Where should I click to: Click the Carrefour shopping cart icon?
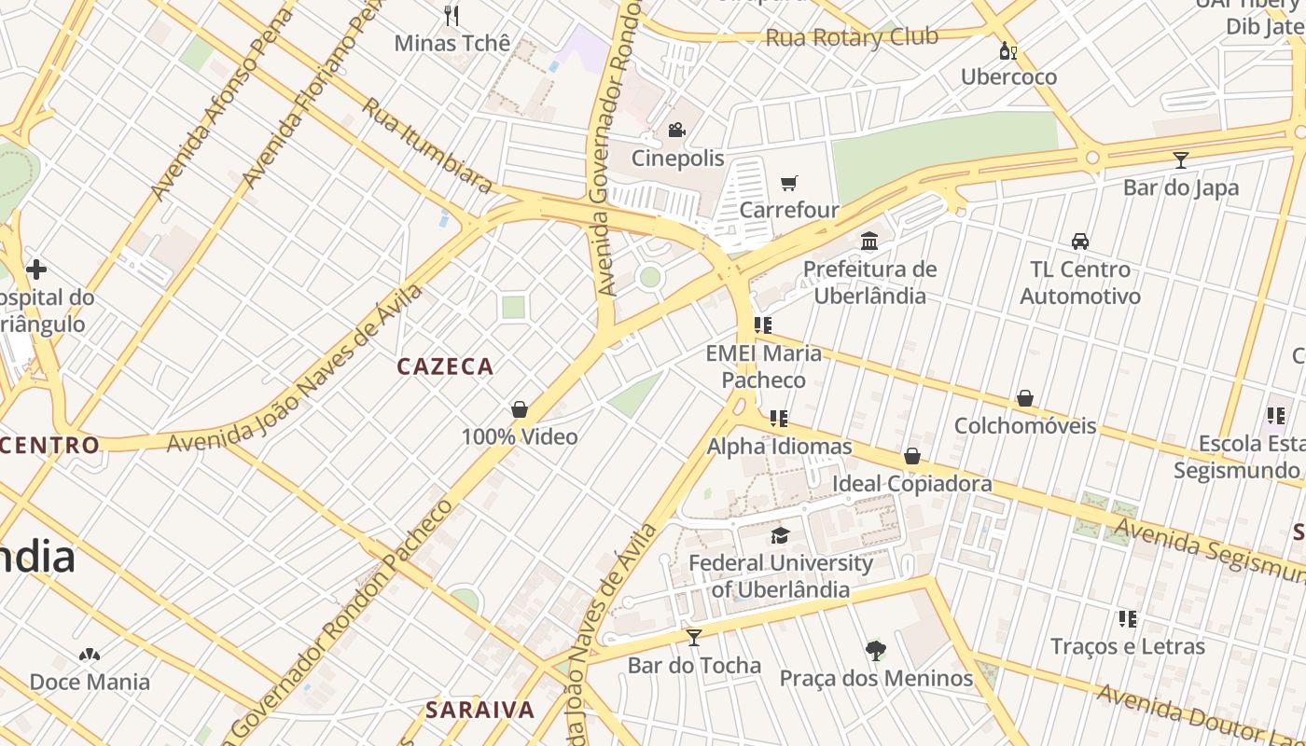(789, 183)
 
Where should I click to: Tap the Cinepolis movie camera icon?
(676, 131)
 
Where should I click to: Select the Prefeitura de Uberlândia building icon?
(869, 242)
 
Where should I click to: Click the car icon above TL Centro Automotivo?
(1080, 242)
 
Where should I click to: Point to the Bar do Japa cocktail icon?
(1180, 160)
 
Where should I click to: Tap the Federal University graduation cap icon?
(780, 535)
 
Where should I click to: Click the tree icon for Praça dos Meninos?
(875, 651)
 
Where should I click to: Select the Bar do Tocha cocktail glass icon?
(694, 638)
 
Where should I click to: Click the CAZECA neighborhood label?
(445, 366)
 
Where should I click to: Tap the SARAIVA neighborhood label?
(480, 710)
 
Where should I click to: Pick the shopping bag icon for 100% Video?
(520, 409)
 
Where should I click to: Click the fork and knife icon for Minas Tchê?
(452, 15)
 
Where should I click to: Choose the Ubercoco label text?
(1008, 76)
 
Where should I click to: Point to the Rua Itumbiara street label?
(427, 145)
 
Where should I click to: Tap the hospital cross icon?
(36, 270)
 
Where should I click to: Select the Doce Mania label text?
(90, 682)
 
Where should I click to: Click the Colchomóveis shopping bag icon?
(1025, 398)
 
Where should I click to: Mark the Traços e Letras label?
(1127, 646)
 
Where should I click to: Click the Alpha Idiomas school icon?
(779, 419)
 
